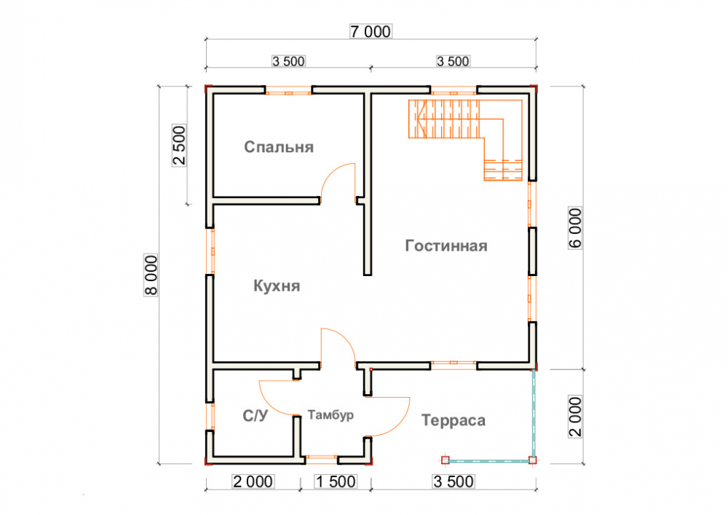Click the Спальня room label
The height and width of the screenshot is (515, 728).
[279, 147]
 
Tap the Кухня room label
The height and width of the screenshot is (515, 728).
[277, 286]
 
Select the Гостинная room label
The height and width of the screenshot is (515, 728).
[446, 245]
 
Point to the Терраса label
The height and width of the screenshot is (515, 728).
[453, 420]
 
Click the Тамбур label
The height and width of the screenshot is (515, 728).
[331, 415]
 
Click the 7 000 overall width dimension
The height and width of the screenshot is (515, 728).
[371, 31]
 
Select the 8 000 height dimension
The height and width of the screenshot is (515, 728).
[151, 276]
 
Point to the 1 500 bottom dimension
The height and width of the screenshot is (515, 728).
[335, 481]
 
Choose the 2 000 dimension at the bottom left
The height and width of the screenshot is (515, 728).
[253, 481]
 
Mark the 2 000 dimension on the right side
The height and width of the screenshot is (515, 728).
[575, 417]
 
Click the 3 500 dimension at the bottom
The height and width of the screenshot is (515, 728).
[453, 481]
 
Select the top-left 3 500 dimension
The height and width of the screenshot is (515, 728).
[288, 61]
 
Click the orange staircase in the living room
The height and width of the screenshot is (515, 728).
[466, 124]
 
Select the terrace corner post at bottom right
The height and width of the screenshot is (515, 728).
[533, 460]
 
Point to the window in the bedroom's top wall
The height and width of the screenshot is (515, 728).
[288, 92]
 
